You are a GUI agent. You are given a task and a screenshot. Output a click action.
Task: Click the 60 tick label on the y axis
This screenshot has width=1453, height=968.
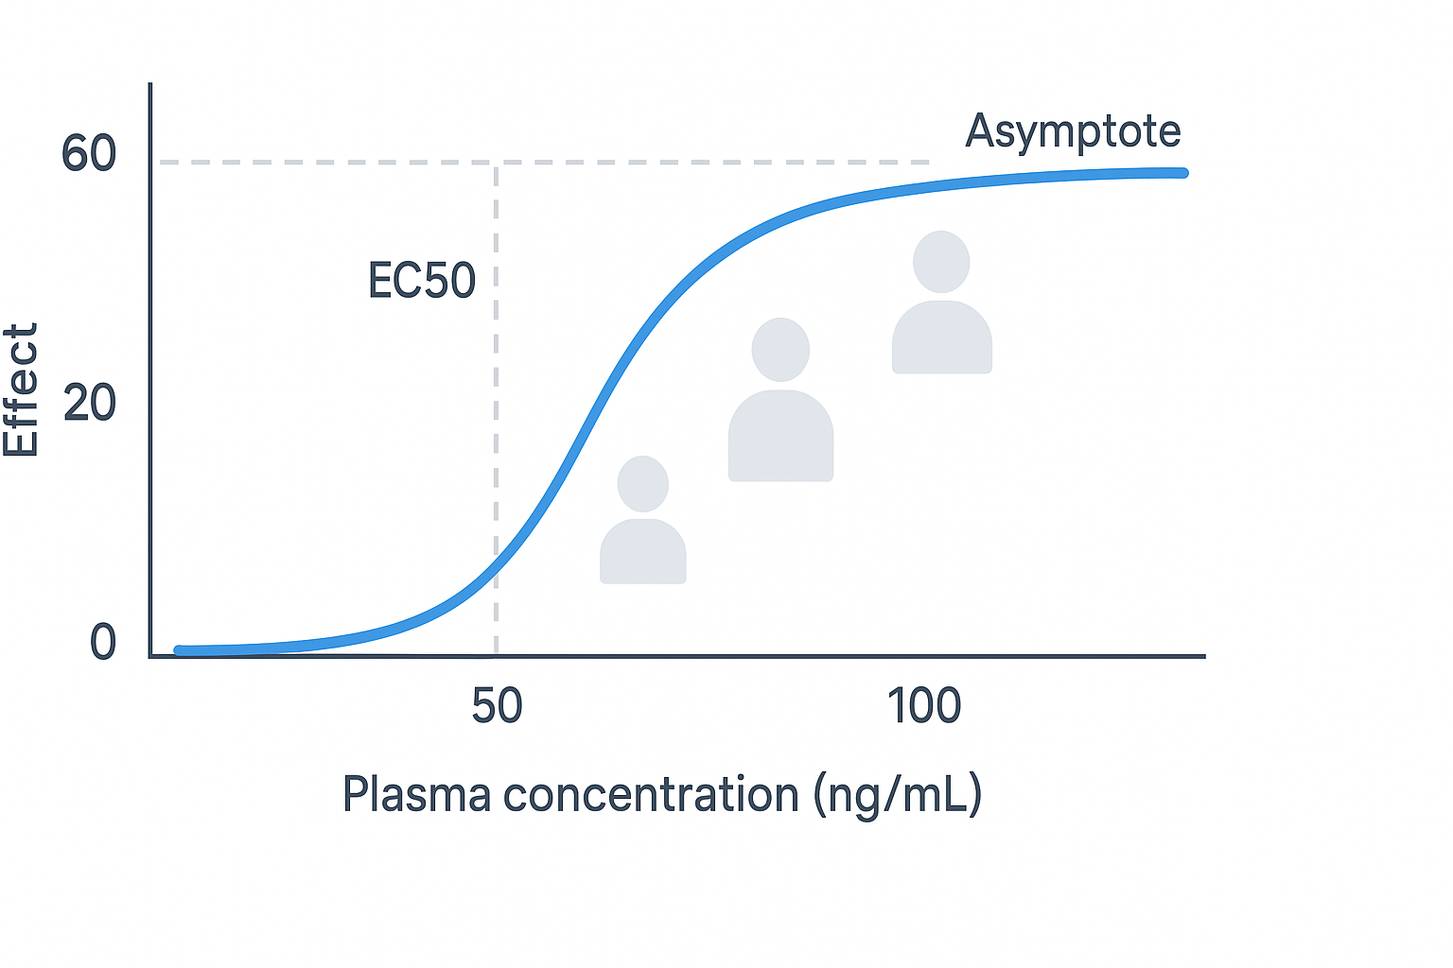point(88,153)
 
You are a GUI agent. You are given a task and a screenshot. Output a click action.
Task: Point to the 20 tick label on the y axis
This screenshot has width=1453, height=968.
point(89,404)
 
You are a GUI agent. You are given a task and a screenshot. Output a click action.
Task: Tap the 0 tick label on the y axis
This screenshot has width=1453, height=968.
point(102,643)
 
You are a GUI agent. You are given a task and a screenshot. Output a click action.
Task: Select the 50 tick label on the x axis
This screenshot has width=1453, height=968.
point(497,706)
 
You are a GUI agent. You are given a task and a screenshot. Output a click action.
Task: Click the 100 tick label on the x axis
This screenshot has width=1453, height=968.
point(923,706)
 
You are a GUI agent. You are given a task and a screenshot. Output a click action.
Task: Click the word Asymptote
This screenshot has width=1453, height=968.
point(1073,131)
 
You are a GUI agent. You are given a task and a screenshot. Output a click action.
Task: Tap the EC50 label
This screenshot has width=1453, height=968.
point(422,281)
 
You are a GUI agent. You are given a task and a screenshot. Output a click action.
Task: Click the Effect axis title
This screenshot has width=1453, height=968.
point(21,389)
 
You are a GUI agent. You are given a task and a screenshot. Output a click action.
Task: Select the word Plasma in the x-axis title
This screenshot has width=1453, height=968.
point(416,794)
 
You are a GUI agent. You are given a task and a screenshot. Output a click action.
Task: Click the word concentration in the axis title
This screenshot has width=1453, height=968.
point(651,794)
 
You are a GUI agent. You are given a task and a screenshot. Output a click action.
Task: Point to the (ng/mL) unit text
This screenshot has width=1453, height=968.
point(898,794)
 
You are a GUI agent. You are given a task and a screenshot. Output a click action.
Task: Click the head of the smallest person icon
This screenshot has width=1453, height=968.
point(643,484)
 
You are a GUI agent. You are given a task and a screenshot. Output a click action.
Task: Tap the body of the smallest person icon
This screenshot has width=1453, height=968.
point(643,553)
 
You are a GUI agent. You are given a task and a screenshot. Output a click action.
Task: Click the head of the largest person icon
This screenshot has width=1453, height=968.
point(780,350)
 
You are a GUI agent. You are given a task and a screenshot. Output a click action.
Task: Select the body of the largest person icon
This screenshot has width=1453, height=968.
point(780,437)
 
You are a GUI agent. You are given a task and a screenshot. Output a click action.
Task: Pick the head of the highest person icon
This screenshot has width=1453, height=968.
point(941,262)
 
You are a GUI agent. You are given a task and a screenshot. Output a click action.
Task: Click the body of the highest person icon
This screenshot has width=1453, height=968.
point(941,338)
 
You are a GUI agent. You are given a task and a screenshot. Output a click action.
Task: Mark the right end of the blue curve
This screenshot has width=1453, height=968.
point(1182,173)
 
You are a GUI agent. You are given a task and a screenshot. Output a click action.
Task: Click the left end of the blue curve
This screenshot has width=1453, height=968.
point(179,650)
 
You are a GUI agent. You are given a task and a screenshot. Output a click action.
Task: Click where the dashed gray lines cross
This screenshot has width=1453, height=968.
point(496,163)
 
